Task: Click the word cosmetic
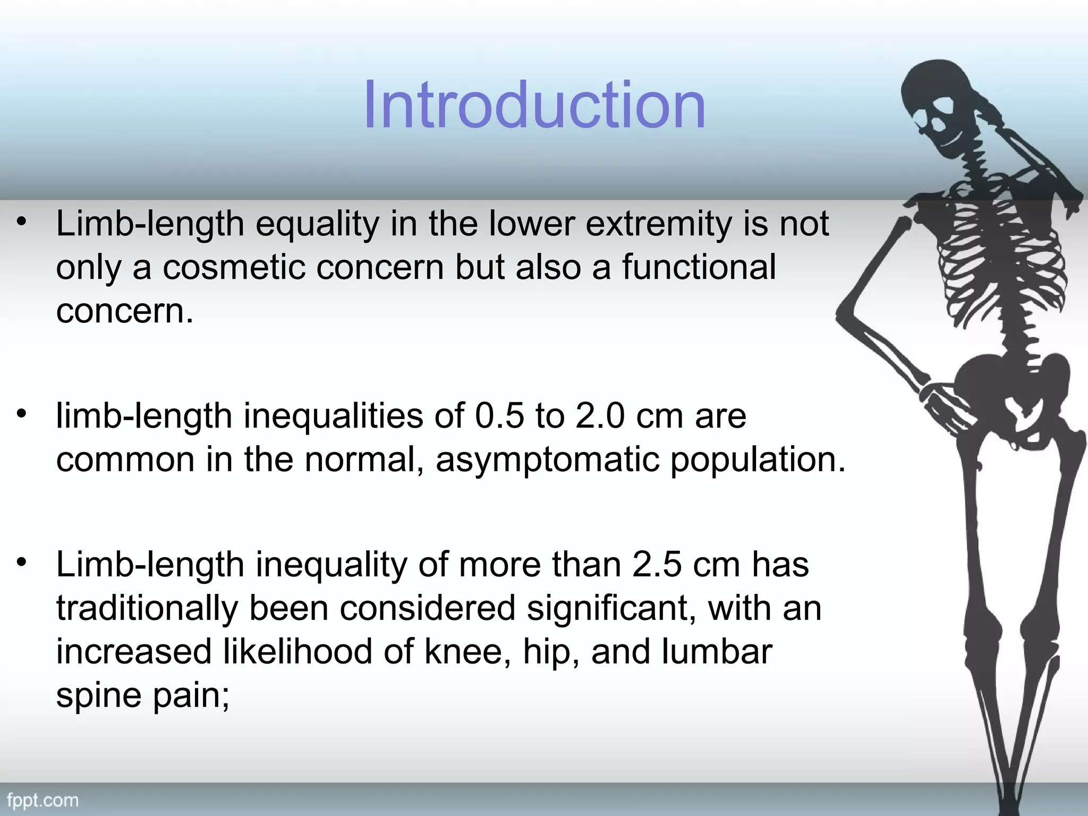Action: (x=234, y=267)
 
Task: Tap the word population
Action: (x=757, y=460)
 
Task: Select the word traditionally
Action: (x=147, y=609)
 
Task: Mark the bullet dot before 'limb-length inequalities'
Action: (x=21, y=413)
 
